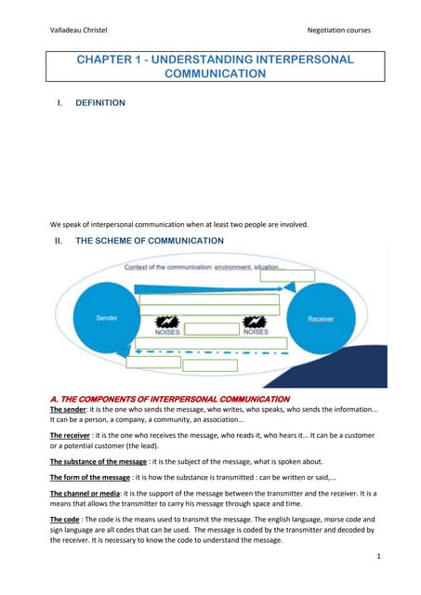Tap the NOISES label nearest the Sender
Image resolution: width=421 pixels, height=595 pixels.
pos(166,330)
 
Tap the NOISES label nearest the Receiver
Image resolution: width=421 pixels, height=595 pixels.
pos(256,330)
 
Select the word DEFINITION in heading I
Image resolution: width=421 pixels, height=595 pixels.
pos(100,103)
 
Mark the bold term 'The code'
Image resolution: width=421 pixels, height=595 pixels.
pos(65,521)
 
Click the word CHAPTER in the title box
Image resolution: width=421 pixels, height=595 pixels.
pos(106,59)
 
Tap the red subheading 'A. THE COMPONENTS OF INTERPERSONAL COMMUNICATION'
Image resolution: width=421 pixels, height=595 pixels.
pos(169,399)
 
